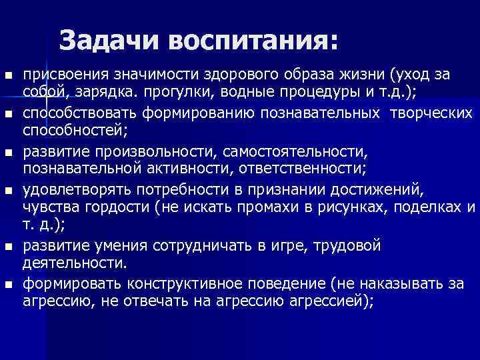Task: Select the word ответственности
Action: tap(275, 172)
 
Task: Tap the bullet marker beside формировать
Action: tap(7, 285)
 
